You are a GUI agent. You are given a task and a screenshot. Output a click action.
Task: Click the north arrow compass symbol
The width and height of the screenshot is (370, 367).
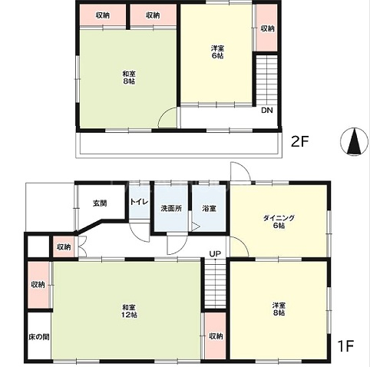pyautogui.click(x=354, y=141)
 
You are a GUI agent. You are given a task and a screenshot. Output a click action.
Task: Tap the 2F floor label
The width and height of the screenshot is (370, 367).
pyautogui.click(x=300, y=141)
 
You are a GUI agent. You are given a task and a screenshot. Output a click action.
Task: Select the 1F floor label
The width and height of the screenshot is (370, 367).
pyautogui.click(x=345, y=346)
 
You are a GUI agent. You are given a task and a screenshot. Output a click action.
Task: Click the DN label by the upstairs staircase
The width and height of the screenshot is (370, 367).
pyautogui.click(x=267, y=111)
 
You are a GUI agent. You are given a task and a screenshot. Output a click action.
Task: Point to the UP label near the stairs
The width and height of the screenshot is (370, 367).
pyautogui.click(x=215, y=254)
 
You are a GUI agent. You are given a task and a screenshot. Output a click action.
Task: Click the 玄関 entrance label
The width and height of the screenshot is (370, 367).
pyautogui.click(x=100, y=203)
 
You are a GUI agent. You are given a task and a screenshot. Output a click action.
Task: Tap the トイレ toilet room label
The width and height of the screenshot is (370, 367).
pyautogui.click(x=139, y=202)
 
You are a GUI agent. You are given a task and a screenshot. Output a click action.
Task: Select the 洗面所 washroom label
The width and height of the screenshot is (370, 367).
pyautogui.click(x=171, y=208)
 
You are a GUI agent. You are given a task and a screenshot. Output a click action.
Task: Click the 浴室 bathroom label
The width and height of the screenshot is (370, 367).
pyautogui.click(x=209, y=208)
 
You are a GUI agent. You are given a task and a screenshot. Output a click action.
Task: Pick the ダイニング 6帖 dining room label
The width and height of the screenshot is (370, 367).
pyautogui.click(x=279, y=222)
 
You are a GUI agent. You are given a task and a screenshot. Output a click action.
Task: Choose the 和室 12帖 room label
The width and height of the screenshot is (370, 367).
pyautogui.click(x=129, y=311)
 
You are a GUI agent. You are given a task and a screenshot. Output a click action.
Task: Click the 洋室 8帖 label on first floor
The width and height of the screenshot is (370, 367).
pyautogui.click(x=279, y=309)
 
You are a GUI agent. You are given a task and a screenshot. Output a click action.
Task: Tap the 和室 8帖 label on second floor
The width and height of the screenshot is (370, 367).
pyautogui.click(x=128, y=78)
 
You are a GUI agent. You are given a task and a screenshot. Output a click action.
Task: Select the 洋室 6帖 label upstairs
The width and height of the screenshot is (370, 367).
pyautogui.click(x=217, y=52)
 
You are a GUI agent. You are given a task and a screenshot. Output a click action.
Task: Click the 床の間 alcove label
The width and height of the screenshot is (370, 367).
pyautogui.click(x=39, y=337)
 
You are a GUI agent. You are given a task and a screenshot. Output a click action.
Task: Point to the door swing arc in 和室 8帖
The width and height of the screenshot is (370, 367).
pyautogui.click(x=163, y=114)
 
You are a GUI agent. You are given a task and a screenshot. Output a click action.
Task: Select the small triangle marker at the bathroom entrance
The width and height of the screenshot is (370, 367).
pyautogui.click(x=196, y=226)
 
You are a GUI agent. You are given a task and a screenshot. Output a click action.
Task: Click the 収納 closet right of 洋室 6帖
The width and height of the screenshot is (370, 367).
pyautogui.click(x=267, y=28)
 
